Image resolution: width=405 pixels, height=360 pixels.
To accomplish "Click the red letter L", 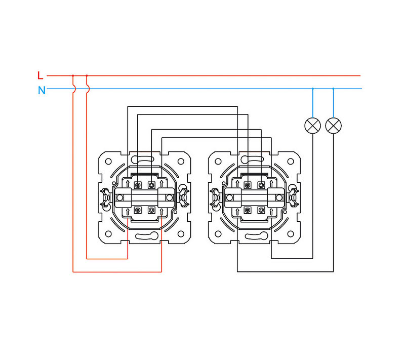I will point(40,75).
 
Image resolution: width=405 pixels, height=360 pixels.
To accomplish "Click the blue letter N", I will point(42,91).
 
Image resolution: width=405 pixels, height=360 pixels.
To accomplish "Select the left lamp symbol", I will point(313,125).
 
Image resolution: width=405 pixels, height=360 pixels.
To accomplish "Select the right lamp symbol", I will point(333,125).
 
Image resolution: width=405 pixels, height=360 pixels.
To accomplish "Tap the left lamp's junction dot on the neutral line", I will point(313,89).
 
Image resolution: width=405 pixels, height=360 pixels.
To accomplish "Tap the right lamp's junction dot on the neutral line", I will point(333,89).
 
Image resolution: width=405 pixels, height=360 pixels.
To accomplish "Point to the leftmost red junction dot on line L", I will point(73,75).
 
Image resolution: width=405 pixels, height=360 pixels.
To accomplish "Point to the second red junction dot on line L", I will point(87,75).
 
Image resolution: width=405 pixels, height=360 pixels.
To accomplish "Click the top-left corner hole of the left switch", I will point(108,161).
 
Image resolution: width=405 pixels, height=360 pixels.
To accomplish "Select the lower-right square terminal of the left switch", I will point(151,210).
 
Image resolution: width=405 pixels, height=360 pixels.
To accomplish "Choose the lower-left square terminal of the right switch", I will point(248,210).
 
